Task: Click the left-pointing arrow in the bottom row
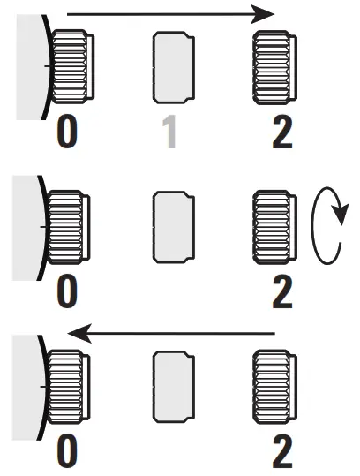click(x=172, y=333)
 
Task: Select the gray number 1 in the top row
click(x=171, y=132)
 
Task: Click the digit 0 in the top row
click(x=68, y=132)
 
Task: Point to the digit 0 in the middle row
click(x=68, y=291)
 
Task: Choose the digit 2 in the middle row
click(x=281, y=291)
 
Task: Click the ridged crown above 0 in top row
click(x=69, y=68)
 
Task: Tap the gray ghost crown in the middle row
click(x=172, y=227)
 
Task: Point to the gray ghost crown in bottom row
click(x=172, y=386)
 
